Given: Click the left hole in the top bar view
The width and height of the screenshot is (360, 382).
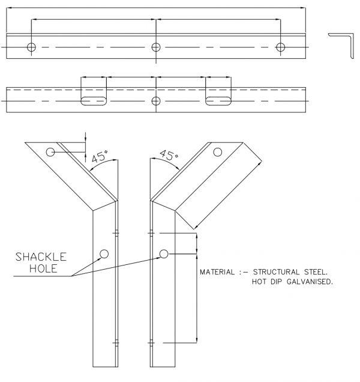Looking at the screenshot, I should pos(31,47).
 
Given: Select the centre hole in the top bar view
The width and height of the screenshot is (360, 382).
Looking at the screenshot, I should pos(156,47).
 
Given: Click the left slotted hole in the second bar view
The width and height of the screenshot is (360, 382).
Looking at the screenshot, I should pos(94,100).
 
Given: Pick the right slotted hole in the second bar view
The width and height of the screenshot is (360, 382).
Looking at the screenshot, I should pos(218,100).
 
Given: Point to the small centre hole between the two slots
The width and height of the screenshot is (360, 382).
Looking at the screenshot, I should pos(156,100).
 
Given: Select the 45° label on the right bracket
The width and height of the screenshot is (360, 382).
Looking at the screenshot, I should pos(169,156).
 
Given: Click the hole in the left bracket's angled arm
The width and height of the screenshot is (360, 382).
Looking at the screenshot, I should pos(52,152).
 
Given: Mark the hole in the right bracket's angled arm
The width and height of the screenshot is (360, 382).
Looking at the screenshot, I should pos(217,153).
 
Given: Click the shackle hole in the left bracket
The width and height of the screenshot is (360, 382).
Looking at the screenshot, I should pos(104,253).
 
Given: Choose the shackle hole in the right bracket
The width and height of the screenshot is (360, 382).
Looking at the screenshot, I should pos(163,253).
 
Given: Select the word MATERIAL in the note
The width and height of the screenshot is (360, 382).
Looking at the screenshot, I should pos(218,272).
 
